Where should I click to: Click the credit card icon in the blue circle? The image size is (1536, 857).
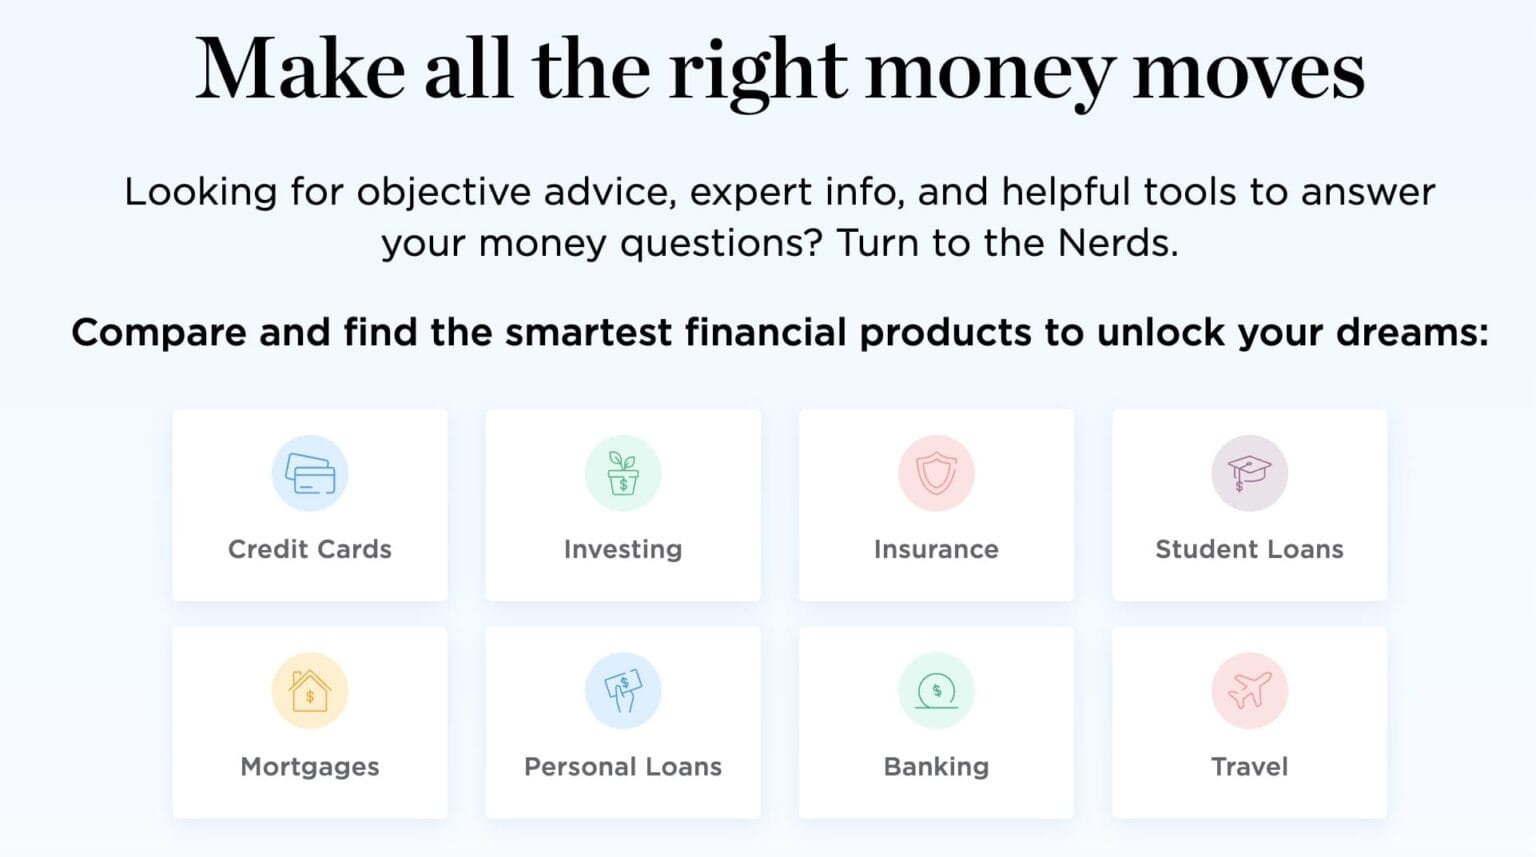coord(310,474)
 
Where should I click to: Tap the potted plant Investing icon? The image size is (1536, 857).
coord(623,473)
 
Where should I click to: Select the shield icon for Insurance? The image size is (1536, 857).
coord(937,473)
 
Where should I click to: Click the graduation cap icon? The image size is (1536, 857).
coord(1249,473)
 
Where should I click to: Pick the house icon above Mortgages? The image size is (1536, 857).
coord(310,690)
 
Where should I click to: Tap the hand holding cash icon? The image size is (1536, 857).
coord(623,690)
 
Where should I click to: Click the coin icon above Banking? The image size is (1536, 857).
coord(937,690)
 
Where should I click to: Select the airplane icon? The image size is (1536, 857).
coord(1249,690)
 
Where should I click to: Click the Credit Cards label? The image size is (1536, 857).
coord(310,549)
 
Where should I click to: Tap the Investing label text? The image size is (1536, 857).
coord(623,550)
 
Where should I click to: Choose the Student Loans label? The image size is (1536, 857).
coord(1249,549)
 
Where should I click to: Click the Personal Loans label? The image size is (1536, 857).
coord(623,767)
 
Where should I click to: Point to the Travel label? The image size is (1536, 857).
coord(1249,767)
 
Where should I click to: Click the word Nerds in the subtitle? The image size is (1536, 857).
coord(1117,242)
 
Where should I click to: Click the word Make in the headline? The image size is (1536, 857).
coord(300,69)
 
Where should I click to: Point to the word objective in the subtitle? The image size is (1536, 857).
coord(444,193)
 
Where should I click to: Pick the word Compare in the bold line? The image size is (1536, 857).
coord(159,334)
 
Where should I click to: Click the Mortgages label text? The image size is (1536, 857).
coord(310,768)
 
